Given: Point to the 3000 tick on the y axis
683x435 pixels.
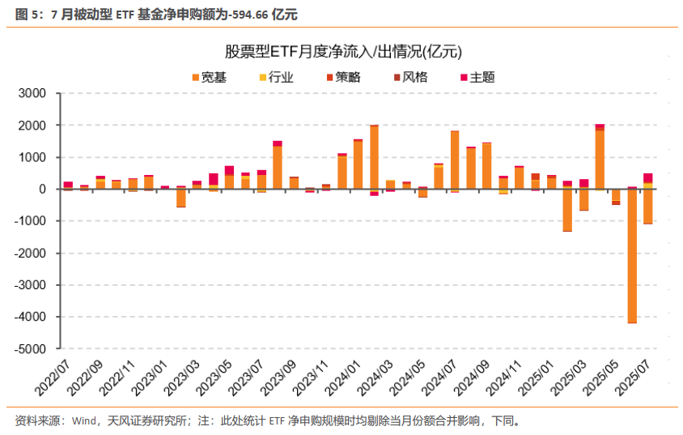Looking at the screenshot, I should pos(34,94).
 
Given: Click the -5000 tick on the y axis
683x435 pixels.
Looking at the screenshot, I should pos(32,349).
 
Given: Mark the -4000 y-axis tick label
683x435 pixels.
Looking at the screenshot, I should pos(32,318).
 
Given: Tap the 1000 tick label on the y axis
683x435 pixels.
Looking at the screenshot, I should pos(34,158).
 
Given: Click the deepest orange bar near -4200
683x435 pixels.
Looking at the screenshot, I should pos(632,259).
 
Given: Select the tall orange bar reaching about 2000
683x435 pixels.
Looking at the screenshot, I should pos(374,158).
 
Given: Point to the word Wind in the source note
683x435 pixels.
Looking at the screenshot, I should pos(84,420).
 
